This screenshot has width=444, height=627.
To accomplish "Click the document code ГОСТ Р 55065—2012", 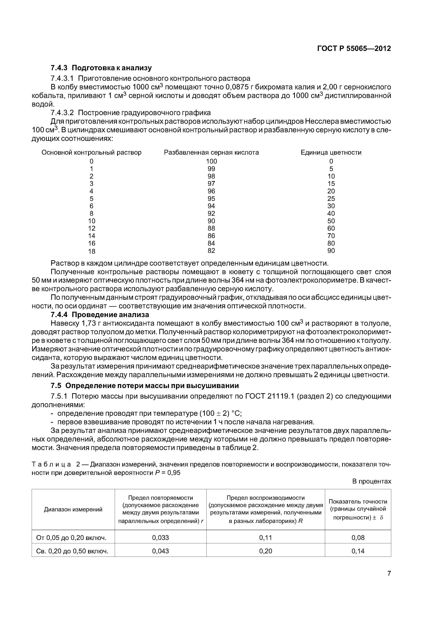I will [x=354, y=49].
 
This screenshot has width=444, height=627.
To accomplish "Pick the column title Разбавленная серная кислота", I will [x=211, y=152].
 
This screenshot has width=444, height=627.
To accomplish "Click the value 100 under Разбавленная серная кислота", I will [x=211, y=161].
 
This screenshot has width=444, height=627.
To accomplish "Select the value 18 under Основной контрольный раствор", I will [x=92, y=251].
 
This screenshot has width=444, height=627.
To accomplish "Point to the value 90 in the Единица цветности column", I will [x=331, y=250].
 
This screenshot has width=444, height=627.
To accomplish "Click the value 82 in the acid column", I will [x=211, y=250].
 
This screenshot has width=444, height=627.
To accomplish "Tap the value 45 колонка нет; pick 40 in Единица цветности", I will [x=331, y=213].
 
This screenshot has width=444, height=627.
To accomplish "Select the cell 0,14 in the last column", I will [x=358, y=551].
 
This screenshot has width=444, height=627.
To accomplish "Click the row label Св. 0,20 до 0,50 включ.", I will [x=72, y=551].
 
